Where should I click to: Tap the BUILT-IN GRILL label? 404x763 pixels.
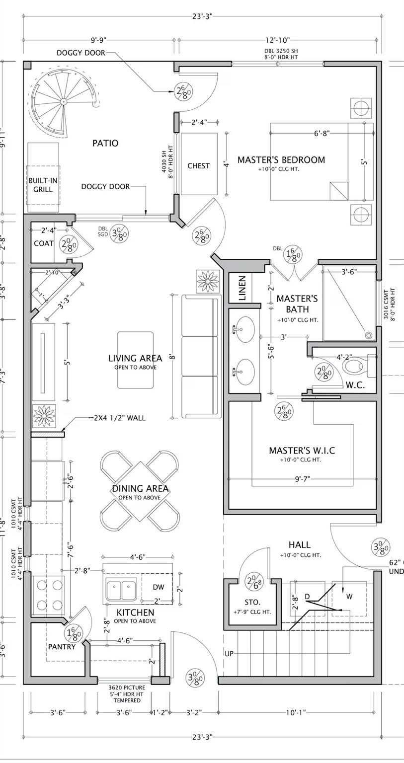pos(42,185)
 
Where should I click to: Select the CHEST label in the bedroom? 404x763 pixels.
pos(198,166)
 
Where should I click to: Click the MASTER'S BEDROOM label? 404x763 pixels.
pos(281,160)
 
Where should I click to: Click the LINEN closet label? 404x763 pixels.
pos(242,288)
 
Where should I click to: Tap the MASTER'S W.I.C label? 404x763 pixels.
pos(302,451)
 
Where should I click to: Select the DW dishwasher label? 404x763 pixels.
pos(158,587)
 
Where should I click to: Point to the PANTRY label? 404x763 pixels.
pos(62,647)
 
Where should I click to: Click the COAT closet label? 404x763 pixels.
pos(44,243)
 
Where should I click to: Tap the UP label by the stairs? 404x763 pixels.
pos(229,654)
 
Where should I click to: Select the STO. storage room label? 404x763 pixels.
pos(252,602)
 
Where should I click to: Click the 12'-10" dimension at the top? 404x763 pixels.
pos(277,40)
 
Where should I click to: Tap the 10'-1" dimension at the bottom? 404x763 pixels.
pos(297,713)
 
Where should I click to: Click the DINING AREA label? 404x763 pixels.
pos(140,489)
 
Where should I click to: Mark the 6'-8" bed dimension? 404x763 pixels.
pos(322,133)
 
